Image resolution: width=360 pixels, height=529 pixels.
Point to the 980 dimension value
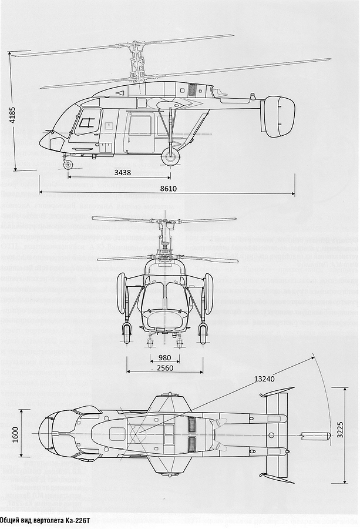[164, 358]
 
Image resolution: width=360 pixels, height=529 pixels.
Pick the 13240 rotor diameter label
[264, 379]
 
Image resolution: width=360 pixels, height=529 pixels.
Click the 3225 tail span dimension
[340, 435]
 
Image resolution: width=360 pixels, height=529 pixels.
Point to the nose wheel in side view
[69, 165]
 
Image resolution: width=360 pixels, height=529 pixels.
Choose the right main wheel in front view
[203, 333]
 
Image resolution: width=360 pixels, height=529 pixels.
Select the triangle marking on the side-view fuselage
[120, 93]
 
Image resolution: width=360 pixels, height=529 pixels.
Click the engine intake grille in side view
[191, 90]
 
